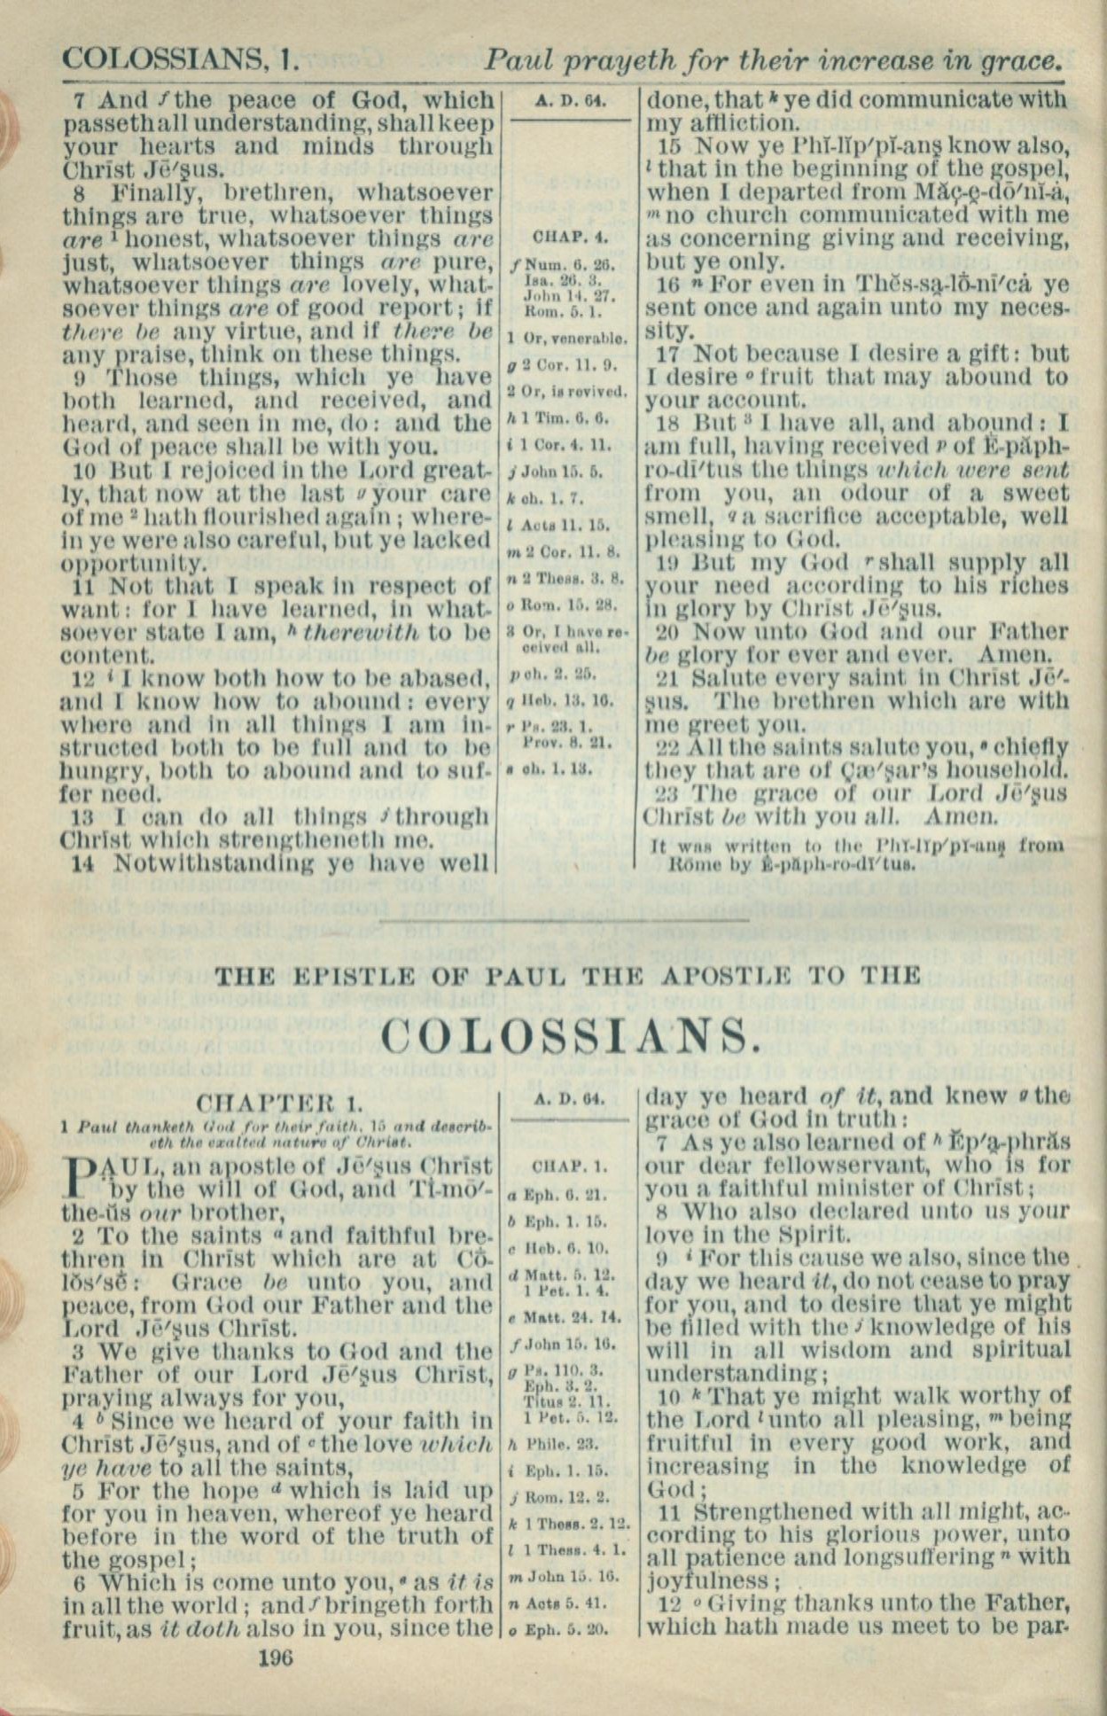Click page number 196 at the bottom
[x=275, y=1656]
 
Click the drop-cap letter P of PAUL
[x=78, y=1178]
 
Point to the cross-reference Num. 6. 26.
[x=568, y=264]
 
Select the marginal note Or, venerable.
[x=567, y=338]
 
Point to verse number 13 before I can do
[x=82, y=815]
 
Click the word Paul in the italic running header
[x=519, y=61]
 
